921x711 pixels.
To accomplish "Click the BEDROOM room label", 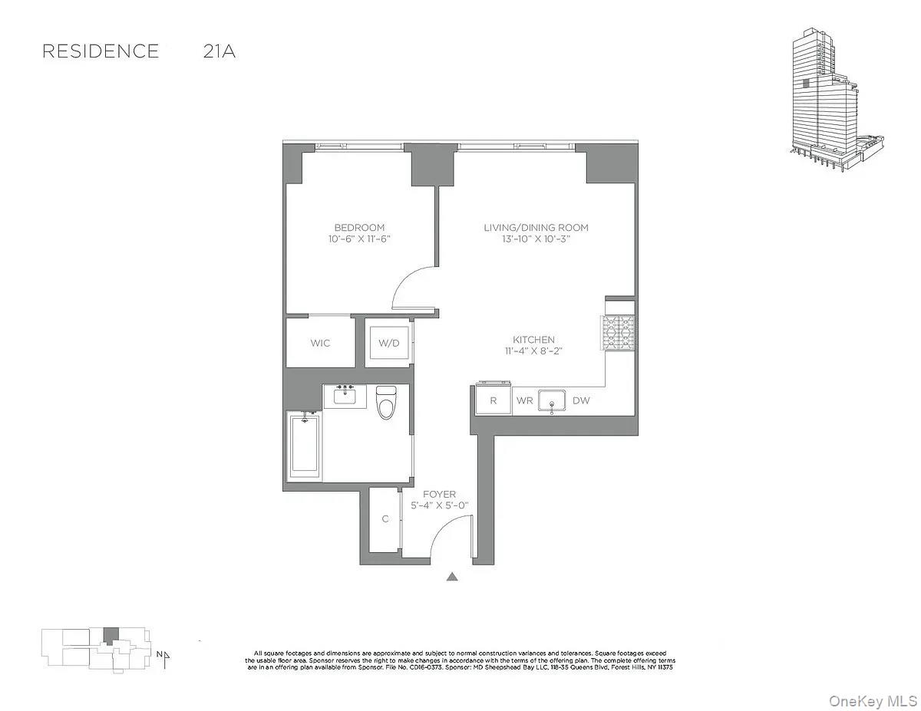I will point(359,228).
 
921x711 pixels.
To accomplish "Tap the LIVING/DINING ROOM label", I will point(536,228).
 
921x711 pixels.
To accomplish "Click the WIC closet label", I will point(321,343).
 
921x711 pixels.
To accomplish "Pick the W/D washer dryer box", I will point(388,343).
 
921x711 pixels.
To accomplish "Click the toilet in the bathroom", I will point(386,402).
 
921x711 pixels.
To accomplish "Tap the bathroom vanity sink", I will point(345,397).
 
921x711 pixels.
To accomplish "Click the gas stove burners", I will point(619,334).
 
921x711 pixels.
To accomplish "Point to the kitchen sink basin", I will point(552,400).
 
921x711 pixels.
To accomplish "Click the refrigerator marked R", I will point(493,400).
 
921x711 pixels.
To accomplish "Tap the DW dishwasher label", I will point(581,400).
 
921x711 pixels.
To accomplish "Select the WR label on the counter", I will point(524,400).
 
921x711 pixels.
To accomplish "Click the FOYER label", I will point(439,495).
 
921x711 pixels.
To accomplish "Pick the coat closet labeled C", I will point(385,519).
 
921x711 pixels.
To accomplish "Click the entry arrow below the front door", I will point(453,577).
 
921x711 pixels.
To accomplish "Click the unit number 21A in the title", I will point(219,51).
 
